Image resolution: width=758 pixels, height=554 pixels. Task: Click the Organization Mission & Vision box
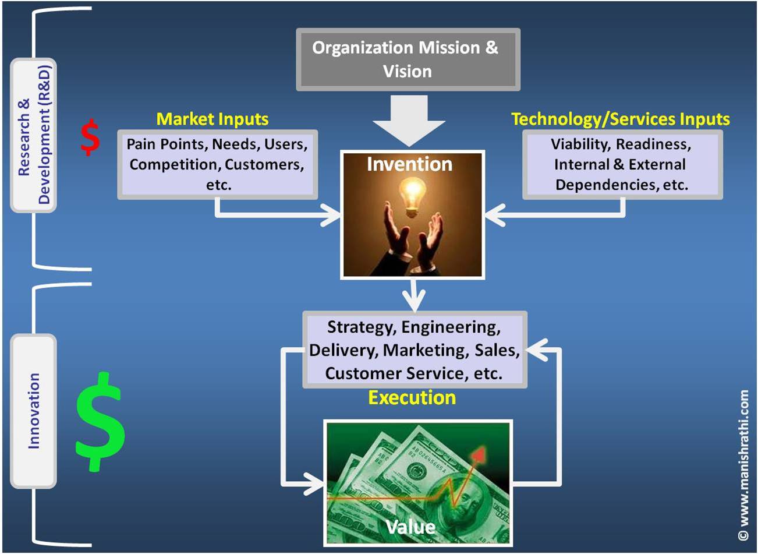coord(408,59)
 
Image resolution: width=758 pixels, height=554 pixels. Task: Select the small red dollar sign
coord(90,138)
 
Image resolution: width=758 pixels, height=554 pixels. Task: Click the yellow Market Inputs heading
coord(212,119)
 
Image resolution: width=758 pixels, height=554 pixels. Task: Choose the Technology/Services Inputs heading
coord(620,119)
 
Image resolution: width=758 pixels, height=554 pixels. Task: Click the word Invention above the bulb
coord(409,164)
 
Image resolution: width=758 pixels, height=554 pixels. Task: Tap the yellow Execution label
coord(412,398)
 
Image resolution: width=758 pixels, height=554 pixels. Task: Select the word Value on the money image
coord(410,527)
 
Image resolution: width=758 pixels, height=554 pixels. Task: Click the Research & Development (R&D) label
coord(34,135)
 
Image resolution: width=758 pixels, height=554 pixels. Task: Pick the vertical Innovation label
coord(34,411)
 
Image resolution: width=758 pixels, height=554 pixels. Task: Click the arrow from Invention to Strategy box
coord(414,297)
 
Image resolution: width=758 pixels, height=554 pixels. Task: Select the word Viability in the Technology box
coord(579,144)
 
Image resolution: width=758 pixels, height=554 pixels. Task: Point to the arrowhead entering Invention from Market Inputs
coord(332,216)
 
